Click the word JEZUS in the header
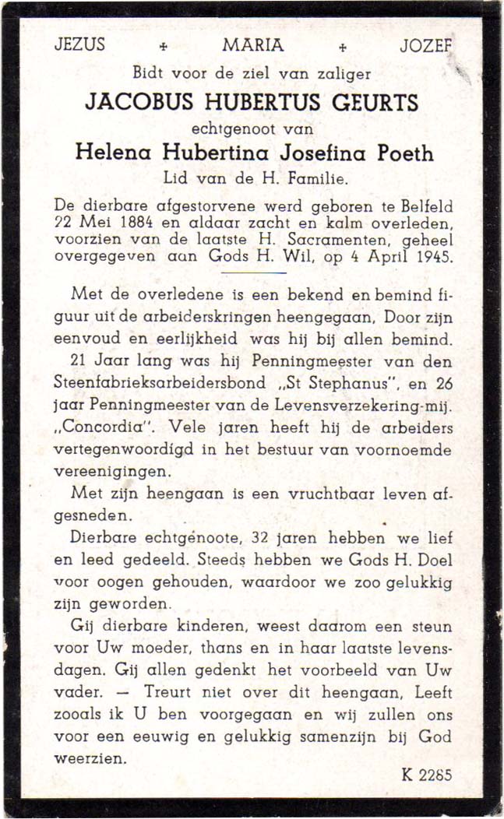(x=79, y=44)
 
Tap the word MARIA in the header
(x=253, y=45)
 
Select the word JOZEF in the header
(x=425, y=45)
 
